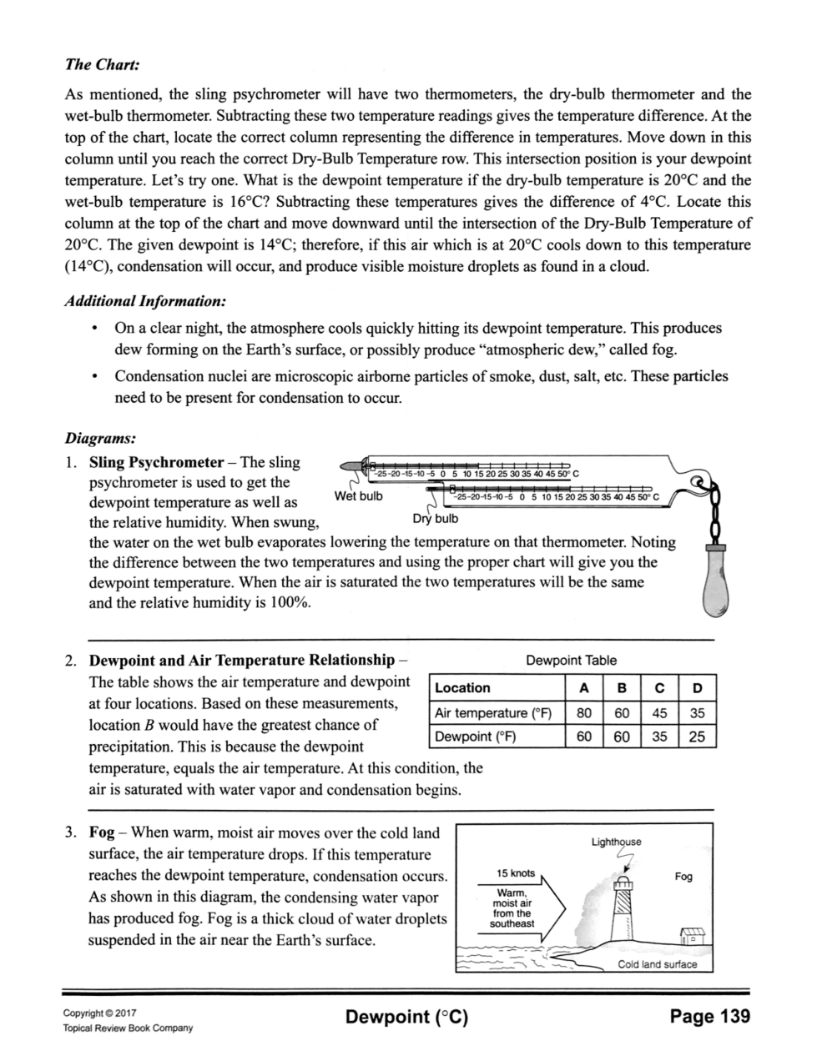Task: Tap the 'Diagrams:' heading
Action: tap(100, 436)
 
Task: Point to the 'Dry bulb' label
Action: tap(436, 518)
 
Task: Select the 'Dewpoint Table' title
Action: tap(571, 660)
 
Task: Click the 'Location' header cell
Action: tap(463, 688)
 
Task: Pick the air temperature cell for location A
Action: tap(584, 712)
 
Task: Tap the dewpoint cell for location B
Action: tap(621, 737)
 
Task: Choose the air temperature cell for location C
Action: tap(659, 712)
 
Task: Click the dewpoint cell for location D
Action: tap(698, 737)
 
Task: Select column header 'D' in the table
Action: tap(698, 688)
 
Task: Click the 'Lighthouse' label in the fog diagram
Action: tap(616, 842)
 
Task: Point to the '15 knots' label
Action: tap(515, 872)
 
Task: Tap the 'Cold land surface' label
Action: tap(657, 964)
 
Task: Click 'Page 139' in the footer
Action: tap(709, 1016)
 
